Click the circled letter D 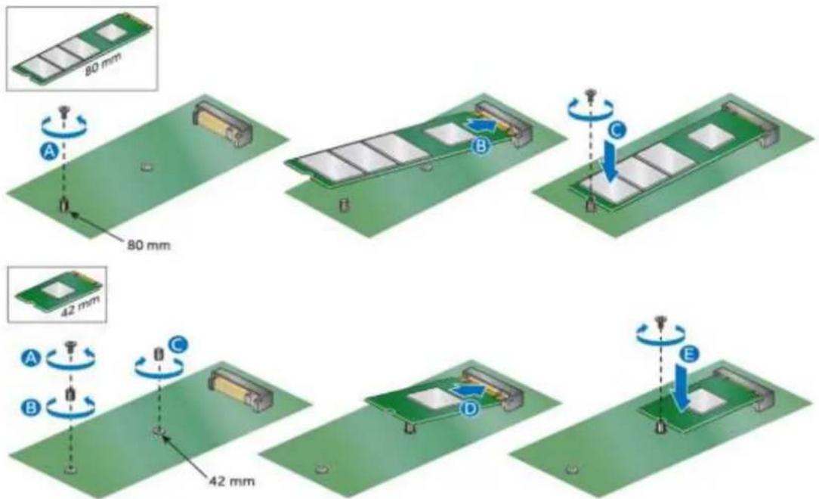click(471, 408)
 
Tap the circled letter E click(690, 355)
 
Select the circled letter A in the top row click(50, 151)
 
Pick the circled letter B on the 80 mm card click(481, 147)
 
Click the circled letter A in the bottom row click(31, 358)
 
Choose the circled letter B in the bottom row click(31, 407)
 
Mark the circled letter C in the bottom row click(178, 344)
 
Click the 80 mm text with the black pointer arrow click(148, 244)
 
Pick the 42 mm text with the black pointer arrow click(232, 481)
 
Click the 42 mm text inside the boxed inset click(79, 305)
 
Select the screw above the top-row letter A click(65, 111)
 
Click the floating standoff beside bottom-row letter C click(159, 354)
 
